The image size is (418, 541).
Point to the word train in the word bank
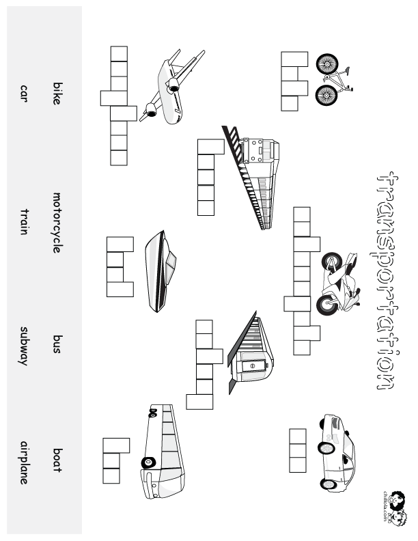[25, 222]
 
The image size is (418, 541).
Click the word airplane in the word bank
[25, 462]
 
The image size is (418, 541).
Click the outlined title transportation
[386, 280]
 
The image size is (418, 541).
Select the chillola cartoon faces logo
[394, 507]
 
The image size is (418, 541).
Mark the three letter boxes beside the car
[298, 450]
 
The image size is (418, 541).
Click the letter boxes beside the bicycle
[290, 81]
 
